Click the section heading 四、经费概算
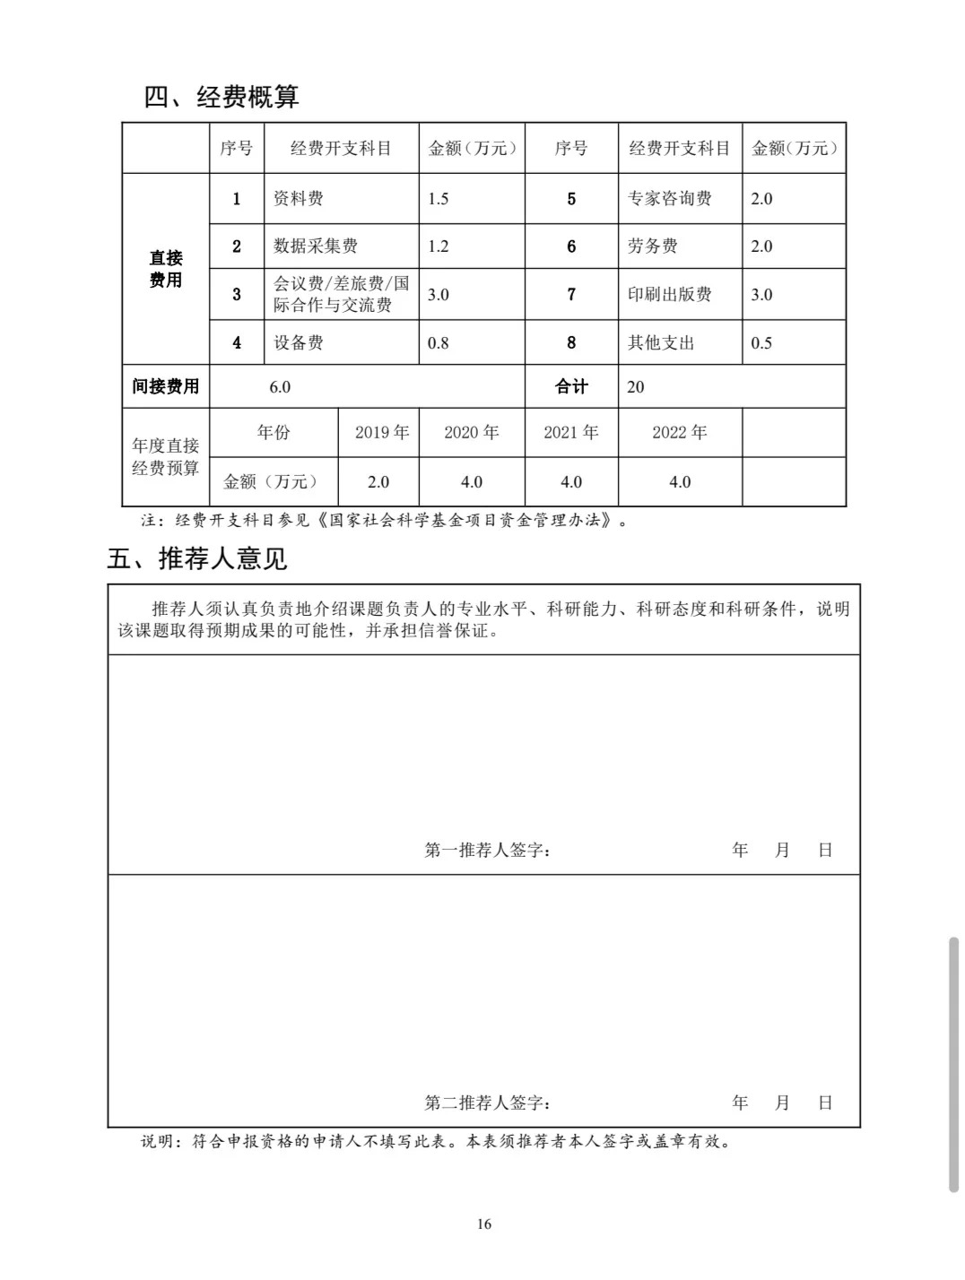[x=222, y=96]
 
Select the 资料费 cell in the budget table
[x=298, y=199]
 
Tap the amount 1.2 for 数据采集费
[x=438, y=246]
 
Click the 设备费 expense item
[x=298, y=342]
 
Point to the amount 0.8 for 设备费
[x=438, y=342]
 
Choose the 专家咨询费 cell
[x=669, y=199]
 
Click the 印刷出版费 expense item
[x=669, y=295]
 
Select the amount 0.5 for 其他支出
[x=761, y=342]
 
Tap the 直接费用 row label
[x=166, y=269]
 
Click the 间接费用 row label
[x=166, y=386]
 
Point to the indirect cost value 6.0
[x=280, y=386]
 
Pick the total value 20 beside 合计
[x=635, y=386]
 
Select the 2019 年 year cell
[x=381, y=433]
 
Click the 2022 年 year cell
[x=679, y=433]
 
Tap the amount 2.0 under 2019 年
[x=378, y=482]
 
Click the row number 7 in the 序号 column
[x=571, y=295]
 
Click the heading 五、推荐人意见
[x=196, y=558]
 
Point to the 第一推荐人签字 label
[x=487, y=850]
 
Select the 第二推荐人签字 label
[x=487, y=1103]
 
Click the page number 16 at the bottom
[x=484, y=1224]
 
